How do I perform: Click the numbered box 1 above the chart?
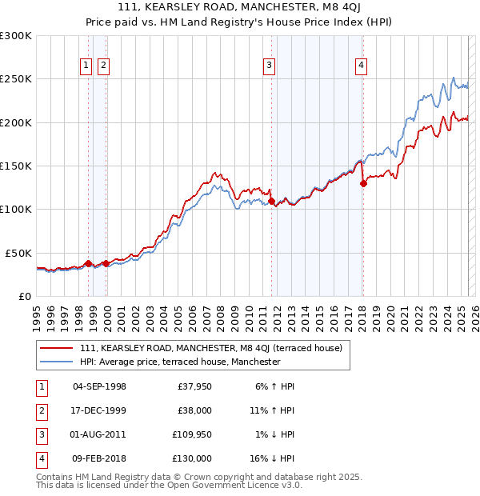(x=86, y=66)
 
